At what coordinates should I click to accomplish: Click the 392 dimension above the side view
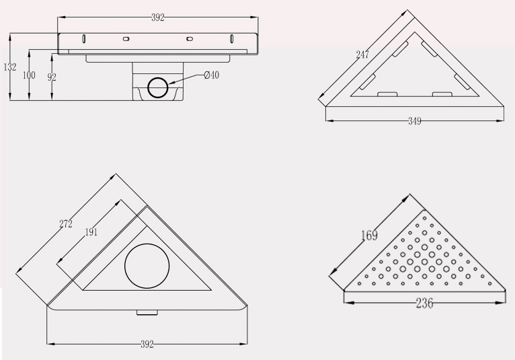157,17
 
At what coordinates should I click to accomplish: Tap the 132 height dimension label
10,67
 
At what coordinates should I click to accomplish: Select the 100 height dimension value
29,75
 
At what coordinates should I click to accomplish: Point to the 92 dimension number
52,77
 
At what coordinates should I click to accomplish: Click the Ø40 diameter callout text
211,75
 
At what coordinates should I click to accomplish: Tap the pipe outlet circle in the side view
158,87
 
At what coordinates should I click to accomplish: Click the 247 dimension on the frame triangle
362,55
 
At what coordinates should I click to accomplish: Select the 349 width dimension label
415,121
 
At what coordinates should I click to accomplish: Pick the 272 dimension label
66,224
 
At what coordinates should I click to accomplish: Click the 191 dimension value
91,232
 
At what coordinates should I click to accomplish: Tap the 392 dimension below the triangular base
147,345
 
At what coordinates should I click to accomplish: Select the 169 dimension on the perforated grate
369,236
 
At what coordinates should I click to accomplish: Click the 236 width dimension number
425,303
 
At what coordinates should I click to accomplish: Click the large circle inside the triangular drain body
147,266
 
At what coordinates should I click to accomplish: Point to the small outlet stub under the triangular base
147,312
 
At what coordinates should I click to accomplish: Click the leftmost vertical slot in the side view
84,38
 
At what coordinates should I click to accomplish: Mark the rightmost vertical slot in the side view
231,38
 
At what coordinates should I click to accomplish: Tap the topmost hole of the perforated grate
424,218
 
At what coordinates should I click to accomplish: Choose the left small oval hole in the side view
126,39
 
